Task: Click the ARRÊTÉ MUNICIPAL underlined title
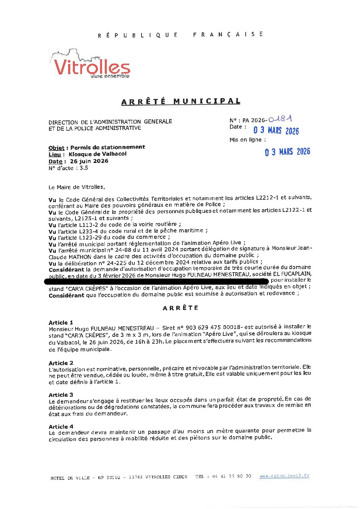(x=181, y=101)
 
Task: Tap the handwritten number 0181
(x=280, y=119)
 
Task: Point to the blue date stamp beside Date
(x=276, y=130)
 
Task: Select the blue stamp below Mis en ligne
(x=288, y=152)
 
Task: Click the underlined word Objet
(x=56, y=148)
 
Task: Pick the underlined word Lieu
(x=55, y=154)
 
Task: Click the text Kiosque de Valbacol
(x=97, y=154)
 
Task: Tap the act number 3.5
(x=84, y=168)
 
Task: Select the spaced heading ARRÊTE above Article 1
(x=180, y=308)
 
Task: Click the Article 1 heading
(x=61, y=322)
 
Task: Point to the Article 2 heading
(x=61, y=363)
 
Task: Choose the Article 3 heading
(x=61, y=395)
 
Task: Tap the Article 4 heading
(x=61, y=426)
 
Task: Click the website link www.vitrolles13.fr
(x=284, y=476)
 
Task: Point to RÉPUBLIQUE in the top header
(x=138, y=35)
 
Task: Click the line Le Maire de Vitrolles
(x=77, y=187)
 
